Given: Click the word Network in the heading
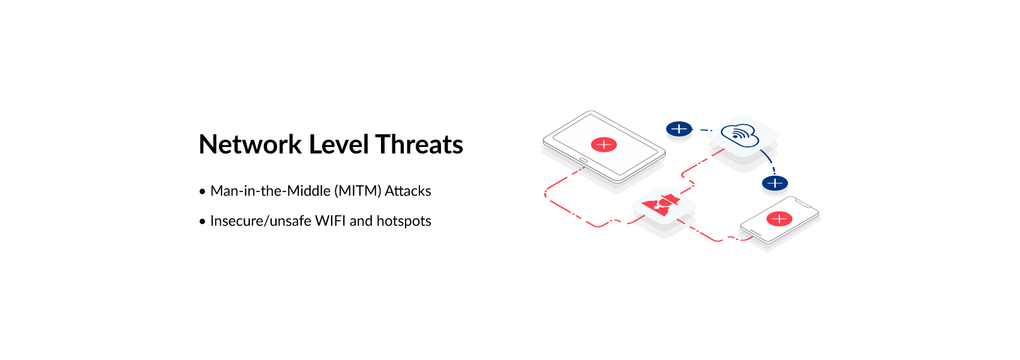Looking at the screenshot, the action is coord(250,144).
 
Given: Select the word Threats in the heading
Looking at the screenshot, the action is coord(419,144).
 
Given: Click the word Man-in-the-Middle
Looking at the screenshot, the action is coord(271,191).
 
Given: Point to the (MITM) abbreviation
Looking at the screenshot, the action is coord(358,191).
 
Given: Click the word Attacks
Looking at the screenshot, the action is coord(407,191).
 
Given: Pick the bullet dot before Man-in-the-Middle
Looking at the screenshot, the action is coord(202,191).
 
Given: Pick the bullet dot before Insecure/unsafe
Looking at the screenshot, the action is coord(202,221).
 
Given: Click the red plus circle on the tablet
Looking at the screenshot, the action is coord(604,145).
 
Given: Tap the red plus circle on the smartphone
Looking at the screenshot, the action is coord(779,219).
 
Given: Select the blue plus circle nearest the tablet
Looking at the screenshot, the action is coord(679,129).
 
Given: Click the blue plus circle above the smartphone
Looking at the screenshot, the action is coord(775,184).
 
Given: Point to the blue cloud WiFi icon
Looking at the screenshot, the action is coord(740,135).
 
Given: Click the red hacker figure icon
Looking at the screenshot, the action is coord(661,205).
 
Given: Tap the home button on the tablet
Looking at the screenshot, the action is coord(583,160).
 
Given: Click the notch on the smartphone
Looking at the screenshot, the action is coord(802,203).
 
